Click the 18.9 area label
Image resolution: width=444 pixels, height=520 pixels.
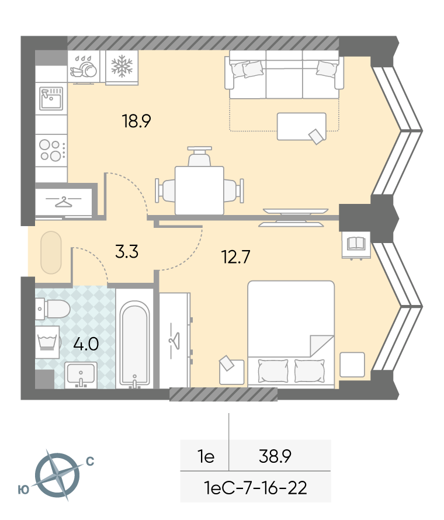tap(136, 121)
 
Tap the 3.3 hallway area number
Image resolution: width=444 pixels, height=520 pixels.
tap(127, 251)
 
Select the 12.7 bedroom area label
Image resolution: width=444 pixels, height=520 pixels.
tap(235, 256)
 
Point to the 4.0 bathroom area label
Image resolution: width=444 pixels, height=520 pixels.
tap(86, 344)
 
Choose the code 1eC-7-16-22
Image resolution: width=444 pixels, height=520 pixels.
tap(255, 487)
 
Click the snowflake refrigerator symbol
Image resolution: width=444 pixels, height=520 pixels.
tap(122, 67)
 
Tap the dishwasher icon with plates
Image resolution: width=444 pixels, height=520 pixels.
tap(84, 67)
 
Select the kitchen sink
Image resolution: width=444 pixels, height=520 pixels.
tap(51, 99)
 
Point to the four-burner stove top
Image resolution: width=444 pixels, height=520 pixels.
tap(51, 150)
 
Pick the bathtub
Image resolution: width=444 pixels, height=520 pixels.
tap(134, 344)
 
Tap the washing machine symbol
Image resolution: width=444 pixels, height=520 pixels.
tap(47, 342)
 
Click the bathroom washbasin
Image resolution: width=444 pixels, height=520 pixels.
tap(81, 375)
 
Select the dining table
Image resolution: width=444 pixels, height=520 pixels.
tap(199, 190)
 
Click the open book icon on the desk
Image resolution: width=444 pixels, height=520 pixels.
tap(356, 244)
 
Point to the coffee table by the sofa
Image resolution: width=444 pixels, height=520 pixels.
tap(301, 126)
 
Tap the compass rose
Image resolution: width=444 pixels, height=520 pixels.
tap(57, 475)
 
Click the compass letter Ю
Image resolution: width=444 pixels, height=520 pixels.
tap(23, 490)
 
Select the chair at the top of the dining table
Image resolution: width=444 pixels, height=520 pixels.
tap(199, 157)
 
